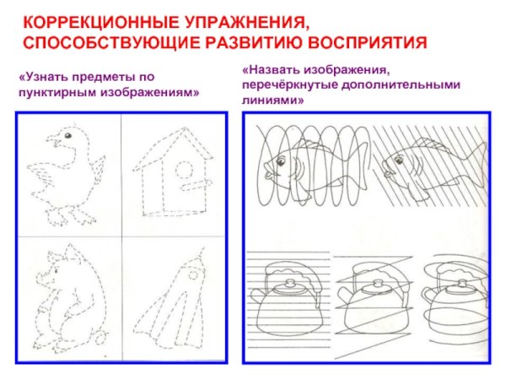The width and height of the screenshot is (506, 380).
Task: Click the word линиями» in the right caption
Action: point(272,100)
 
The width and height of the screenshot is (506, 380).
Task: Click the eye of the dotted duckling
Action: point(67,136)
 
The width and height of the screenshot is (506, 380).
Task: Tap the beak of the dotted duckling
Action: point(53,140)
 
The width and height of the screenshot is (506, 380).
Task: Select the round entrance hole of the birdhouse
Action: point(185,169)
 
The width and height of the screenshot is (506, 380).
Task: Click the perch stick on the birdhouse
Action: point(196,185)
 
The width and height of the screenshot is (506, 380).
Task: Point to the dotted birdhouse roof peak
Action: point(184,128)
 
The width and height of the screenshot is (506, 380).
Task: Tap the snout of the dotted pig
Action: point(40,277)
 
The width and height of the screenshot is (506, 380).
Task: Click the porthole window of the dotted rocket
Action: point(193,275)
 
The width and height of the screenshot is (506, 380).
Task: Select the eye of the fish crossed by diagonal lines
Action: point(399,160)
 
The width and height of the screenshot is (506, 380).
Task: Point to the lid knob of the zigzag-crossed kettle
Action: point(376,284)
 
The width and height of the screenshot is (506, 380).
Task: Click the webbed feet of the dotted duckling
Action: point(71,217)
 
